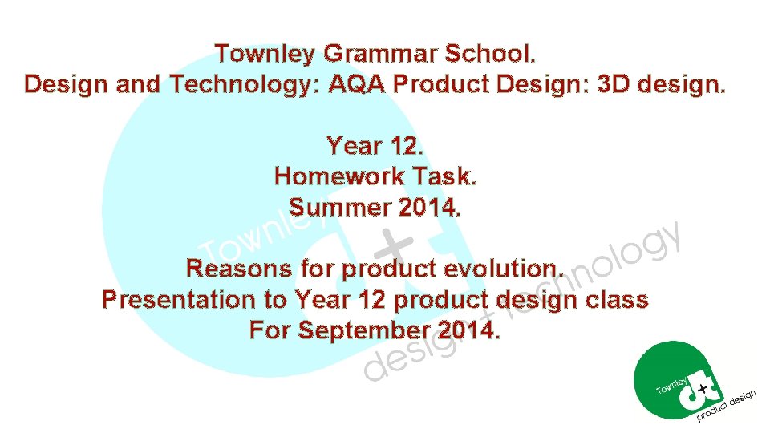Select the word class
coord(617,300)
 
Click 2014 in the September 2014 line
coord(469,330)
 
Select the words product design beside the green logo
coord(727,407)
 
